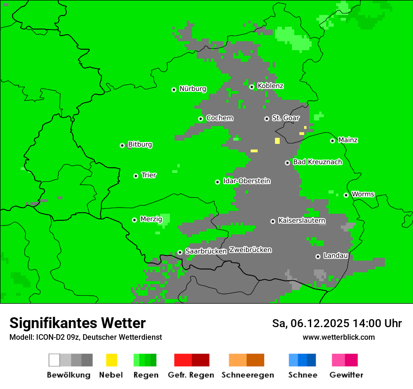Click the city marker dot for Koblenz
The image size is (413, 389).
[x=252, y=87]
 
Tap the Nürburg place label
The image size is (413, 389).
[x=192, y=89]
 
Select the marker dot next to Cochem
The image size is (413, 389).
[x=200, y=119]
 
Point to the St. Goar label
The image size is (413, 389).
[x=285, y=118]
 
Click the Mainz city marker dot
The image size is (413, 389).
[x=332, y=141]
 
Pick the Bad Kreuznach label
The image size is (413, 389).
[x=317, y=162]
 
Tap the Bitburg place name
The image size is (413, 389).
[x=140, y=145]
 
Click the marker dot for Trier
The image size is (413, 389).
[x=136, y=176]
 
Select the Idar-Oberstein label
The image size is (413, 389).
[x=247, y=181]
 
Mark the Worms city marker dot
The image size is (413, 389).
[x=346, y=195]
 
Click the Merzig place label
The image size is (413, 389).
[x=151, y=219]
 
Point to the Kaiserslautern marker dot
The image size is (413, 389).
[x=273, y=221]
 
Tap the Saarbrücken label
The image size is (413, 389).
[x=206, y=252]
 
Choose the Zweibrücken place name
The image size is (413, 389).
[x=250, y=250]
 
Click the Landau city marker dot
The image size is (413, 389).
[x=318, y=256]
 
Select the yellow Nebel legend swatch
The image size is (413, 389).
[x=111, y=360]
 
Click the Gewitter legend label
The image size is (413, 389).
[x=346, y=375]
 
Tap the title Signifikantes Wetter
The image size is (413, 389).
[x=77, y=323]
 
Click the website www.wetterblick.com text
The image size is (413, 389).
[x=338, y=337]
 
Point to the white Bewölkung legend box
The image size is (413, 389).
[x=54, y=360]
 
